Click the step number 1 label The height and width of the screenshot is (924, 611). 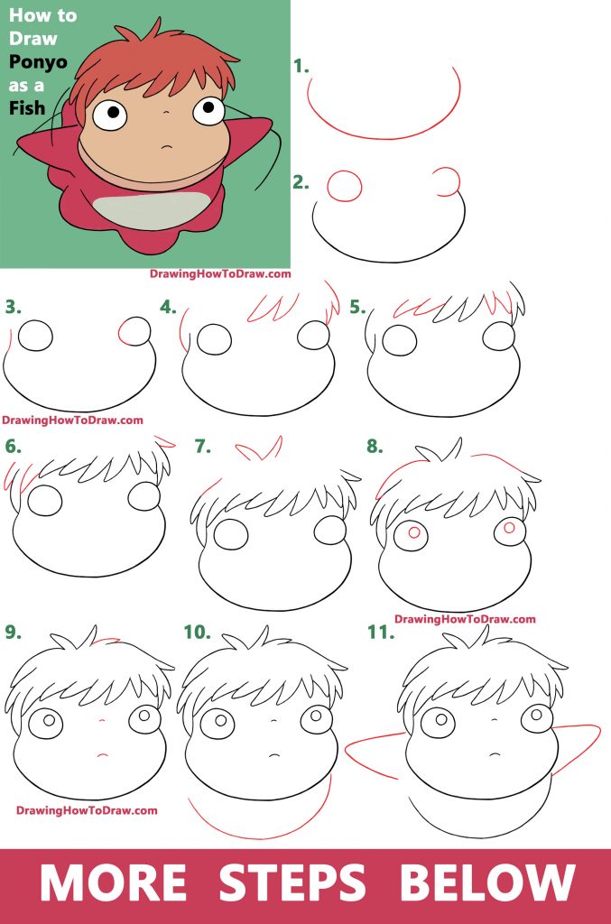[x=301, y=67]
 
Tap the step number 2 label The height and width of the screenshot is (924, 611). [x=301, y=182]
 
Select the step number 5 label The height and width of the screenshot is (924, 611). [x=357, y=307]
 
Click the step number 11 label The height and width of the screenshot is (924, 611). [x=381, y=633]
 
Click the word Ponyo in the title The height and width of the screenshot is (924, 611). [x=38, y=63]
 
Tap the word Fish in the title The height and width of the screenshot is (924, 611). [x=26, y=108]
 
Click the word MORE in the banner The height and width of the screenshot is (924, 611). [x=113, y=882]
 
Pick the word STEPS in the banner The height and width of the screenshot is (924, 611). [x=292, y=882]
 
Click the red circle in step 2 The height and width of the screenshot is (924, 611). [x=344, y=186]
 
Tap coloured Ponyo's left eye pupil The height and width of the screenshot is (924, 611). [x=114, y=112]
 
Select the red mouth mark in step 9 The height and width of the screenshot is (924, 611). [x=102, y=754]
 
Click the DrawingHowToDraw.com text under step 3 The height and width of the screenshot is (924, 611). [x=72, y=420]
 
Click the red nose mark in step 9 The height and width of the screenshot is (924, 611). [x=103, y=720]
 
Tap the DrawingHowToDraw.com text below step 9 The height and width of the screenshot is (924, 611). [x=87, y=810]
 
